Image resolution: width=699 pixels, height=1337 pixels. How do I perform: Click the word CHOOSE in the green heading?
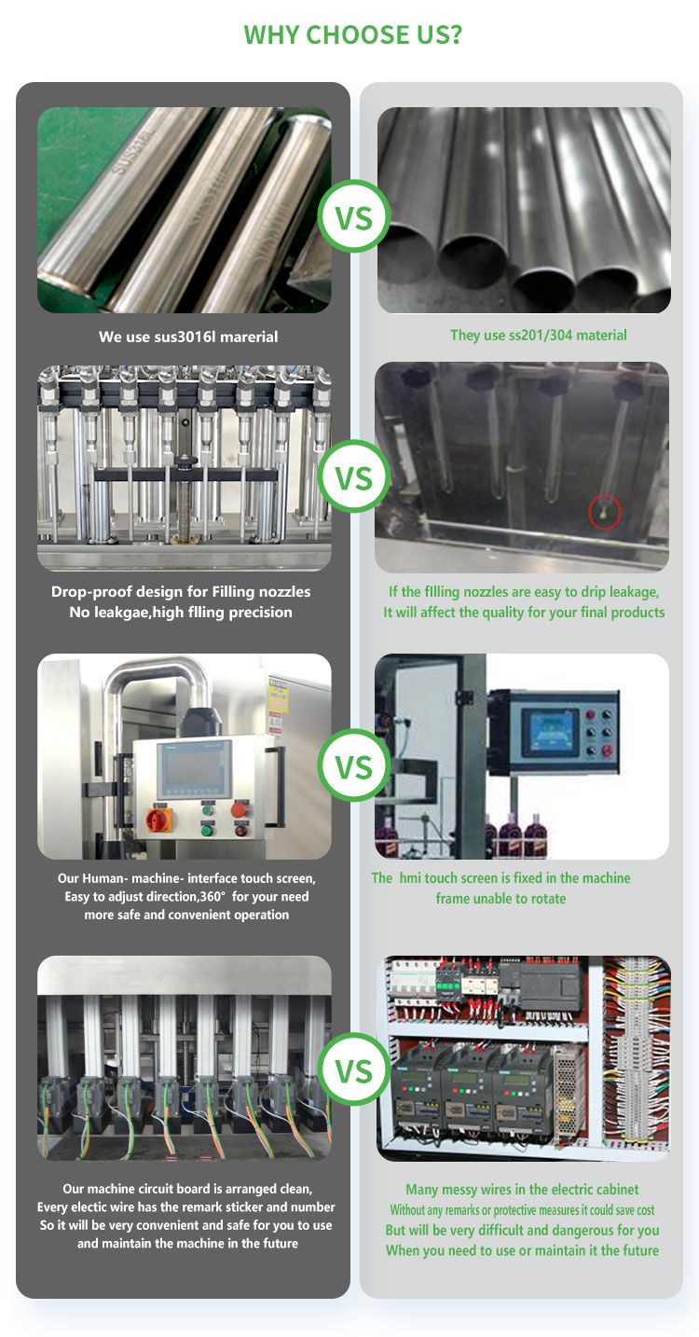tap(353, 35)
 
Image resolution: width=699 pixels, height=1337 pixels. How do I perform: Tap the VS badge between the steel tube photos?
tap(353, 216)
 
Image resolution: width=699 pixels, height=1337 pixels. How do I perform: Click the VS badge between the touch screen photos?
tap(353, 765)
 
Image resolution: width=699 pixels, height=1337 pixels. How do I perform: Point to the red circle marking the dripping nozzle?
tap(605, 512)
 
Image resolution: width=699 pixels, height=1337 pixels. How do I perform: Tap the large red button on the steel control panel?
tap(239, 809)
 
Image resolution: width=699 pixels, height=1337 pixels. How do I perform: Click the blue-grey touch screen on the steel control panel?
tap(194, 769)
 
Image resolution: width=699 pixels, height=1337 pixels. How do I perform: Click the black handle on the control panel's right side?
tap(277, 787)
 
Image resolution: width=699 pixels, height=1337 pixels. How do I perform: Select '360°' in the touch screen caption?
tap(212, 897)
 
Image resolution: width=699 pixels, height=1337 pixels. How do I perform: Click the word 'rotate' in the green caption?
tap(548, 898)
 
